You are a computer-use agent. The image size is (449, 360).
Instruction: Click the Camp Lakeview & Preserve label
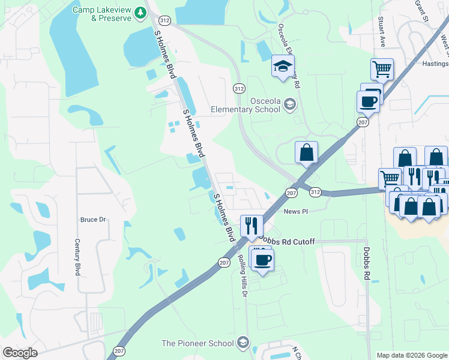point(102,14)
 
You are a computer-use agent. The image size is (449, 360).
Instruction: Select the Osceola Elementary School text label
point(246,105)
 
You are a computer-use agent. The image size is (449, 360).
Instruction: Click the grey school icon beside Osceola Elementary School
point(290,105)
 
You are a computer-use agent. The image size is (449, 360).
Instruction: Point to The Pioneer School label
point(197,343)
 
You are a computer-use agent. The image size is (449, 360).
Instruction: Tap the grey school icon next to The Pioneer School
point(243,343)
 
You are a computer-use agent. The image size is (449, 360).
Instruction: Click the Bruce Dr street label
point(93,220)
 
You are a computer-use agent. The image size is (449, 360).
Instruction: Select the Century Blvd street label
point(77,257)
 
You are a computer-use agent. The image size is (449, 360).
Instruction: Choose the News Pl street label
point(295,212)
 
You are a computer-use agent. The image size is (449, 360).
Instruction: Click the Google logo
point(20,353)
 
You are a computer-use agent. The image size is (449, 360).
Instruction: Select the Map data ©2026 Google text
point(411,355)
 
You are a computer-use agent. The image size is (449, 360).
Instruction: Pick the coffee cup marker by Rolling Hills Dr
point(262,260)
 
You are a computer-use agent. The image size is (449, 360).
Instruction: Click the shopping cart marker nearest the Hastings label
point(382,69)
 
